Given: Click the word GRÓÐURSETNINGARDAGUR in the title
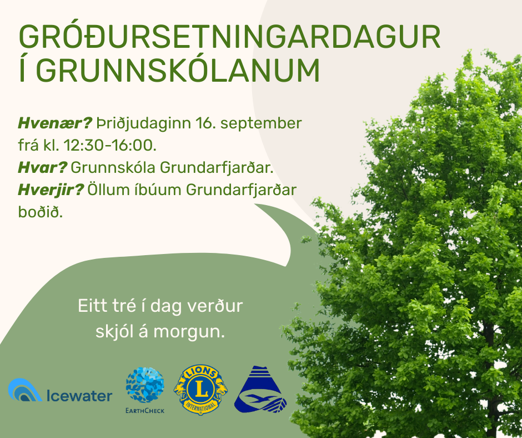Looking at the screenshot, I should click(x=230, y=38).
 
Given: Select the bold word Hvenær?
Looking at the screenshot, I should click(x=54, y=123).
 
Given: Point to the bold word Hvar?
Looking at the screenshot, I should click(x=43, y=167).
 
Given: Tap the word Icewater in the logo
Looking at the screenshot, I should click(x=79, y=396).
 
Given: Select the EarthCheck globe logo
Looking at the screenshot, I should click(x=145, y=385).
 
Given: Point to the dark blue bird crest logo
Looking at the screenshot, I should click(x=260, y=390).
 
